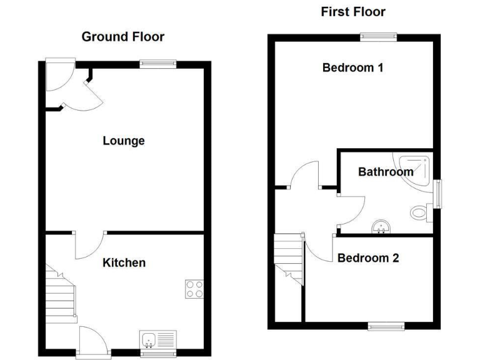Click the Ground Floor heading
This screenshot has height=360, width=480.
tap(123, 37)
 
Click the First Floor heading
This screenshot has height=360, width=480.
tap(353, 11)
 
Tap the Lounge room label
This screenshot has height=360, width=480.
tap(124, 141)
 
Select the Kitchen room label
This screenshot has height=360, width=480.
tap(124, 262)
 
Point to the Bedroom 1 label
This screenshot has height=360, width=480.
tap(352, 67)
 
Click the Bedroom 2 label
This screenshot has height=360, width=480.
tap(368, 257)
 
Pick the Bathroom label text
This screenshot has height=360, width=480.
tap(385, 171)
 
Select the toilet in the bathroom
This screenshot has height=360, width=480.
tap(419, 213)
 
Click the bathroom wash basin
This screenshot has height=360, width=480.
tap(379, 227)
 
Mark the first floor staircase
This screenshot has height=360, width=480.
tap(289, 256)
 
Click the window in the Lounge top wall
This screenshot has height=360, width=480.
tap(157, 63)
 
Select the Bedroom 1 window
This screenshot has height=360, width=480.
tap(378, 36)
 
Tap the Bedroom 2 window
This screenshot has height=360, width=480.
tap(386, 326)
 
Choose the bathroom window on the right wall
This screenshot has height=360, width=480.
tap(438, 194)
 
